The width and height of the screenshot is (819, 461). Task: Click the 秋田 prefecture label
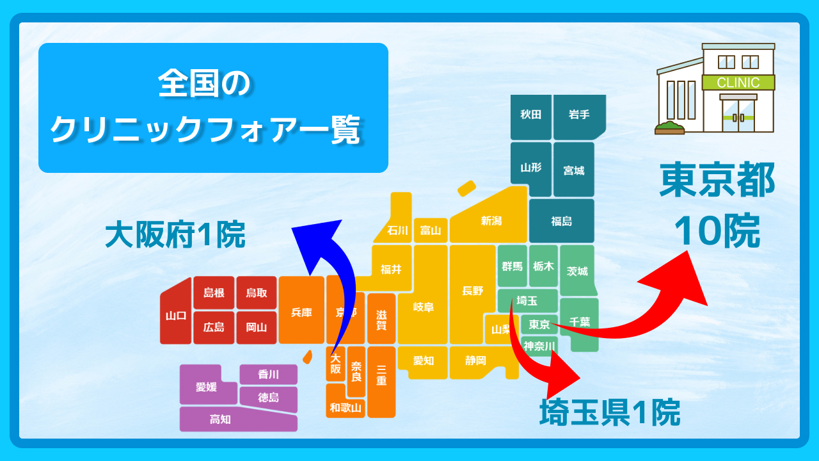(530, 115)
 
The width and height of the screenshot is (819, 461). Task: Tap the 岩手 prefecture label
(579, 115)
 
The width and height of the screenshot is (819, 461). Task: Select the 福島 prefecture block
(562, 221)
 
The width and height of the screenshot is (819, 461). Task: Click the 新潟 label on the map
(491, 221)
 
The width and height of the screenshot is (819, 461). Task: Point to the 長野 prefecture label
(472, 291)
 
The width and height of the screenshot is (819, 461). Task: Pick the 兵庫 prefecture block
(301, 310)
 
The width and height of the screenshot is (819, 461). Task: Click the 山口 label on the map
(176, 316)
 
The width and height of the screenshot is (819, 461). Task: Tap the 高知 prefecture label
(220, 419)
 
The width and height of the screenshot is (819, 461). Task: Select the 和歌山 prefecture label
(346, 408)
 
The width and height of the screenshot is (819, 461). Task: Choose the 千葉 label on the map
(580, 321)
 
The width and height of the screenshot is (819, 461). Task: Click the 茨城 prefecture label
(577, 271)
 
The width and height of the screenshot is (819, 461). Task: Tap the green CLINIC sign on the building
(738, 83)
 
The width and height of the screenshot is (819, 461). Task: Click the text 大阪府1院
(175, 234)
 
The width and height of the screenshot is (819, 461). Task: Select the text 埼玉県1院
(610, 412)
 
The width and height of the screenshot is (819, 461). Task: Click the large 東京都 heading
(717, 180)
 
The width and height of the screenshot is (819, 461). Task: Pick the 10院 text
(717, 231)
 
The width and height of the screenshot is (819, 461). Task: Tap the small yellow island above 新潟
(466, 188)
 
